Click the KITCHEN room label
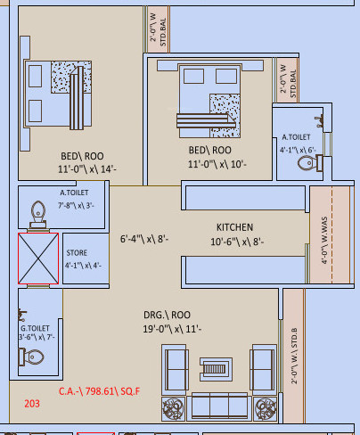pos(234,227)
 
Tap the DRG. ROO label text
pos(167,315)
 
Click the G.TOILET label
pos(36,327)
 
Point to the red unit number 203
pos(32,403)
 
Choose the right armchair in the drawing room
pos(260,365)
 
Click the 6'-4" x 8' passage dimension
pos(144,239)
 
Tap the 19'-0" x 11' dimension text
pos(173,330)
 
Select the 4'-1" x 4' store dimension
pos(83,265)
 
